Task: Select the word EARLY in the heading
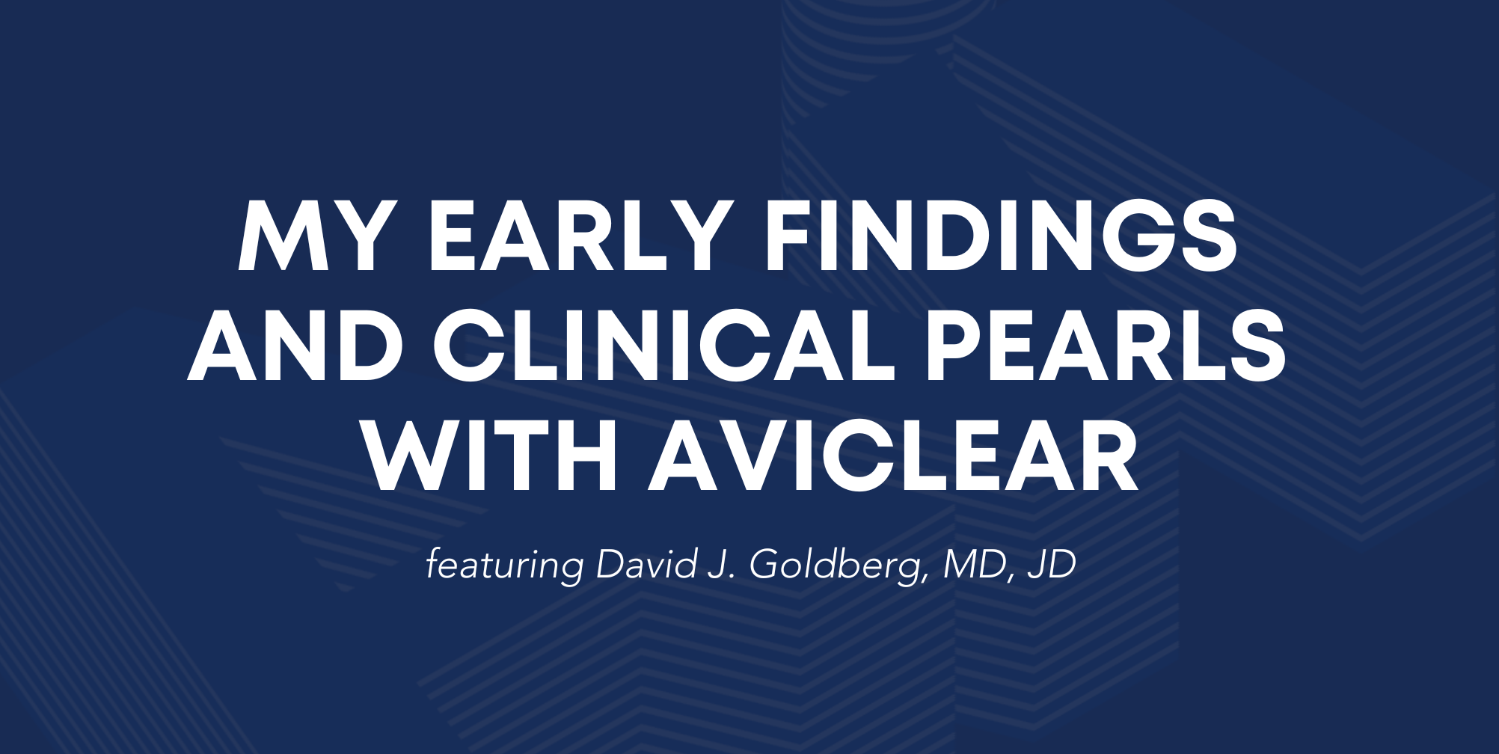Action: (580, 236)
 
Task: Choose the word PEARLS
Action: (1106, 346)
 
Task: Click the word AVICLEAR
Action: (894, 456)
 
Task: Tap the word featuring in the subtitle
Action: (505, 565)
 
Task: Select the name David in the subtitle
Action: (647, 564)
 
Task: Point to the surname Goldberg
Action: (839, 565)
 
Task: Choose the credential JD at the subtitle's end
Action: (1052, 565)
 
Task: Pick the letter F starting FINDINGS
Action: (791, 236)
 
